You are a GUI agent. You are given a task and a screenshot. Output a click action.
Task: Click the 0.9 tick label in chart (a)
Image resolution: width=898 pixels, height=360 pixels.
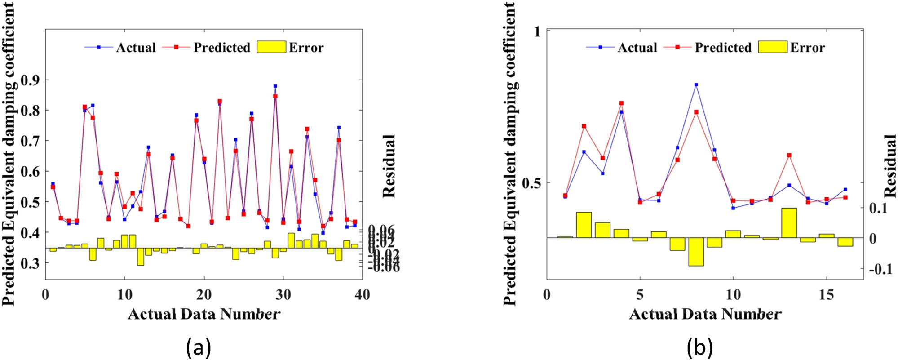click(31, 80)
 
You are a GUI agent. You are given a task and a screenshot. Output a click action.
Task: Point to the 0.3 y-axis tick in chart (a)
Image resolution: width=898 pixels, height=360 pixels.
click(31, 263)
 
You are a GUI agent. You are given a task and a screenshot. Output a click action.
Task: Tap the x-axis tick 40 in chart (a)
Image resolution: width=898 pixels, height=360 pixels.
click(362, 295)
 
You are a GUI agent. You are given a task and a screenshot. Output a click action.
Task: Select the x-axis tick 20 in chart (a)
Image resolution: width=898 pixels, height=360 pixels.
click(204, 295)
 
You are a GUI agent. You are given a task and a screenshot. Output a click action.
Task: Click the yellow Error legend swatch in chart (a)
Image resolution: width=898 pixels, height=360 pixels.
click(271, 47)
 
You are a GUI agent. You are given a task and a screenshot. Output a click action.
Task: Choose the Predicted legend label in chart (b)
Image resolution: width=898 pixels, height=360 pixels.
click(723, 48)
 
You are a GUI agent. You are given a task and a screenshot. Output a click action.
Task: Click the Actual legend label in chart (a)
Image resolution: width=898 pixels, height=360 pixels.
click(136, 48)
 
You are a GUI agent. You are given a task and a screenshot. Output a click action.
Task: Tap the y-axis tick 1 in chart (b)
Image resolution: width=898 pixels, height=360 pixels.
click(536, 31)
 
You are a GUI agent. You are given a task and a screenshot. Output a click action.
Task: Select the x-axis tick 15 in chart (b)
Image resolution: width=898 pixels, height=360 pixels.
click(826, 295)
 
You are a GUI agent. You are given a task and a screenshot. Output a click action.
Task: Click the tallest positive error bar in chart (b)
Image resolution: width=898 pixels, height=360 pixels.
click(789, 223)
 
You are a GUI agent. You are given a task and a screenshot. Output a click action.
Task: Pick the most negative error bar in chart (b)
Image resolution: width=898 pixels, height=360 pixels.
click(696, 252)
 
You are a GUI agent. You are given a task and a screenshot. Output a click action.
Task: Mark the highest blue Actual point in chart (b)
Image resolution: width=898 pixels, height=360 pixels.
click(696, 84)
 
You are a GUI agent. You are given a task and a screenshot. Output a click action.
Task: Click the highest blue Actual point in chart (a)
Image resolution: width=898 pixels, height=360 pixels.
click(275, 86)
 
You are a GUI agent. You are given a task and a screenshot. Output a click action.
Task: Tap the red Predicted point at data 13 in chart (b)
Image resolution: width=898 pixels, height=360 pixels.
click(789, 156)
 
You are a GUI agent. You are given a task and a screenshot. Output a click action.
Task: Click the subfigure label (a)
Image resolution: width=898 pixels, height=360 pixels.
click(198, 347)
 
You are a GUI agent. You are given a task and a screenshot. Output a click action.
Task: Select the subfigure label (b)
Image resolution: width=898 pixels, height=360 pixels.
click(699, 347)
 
